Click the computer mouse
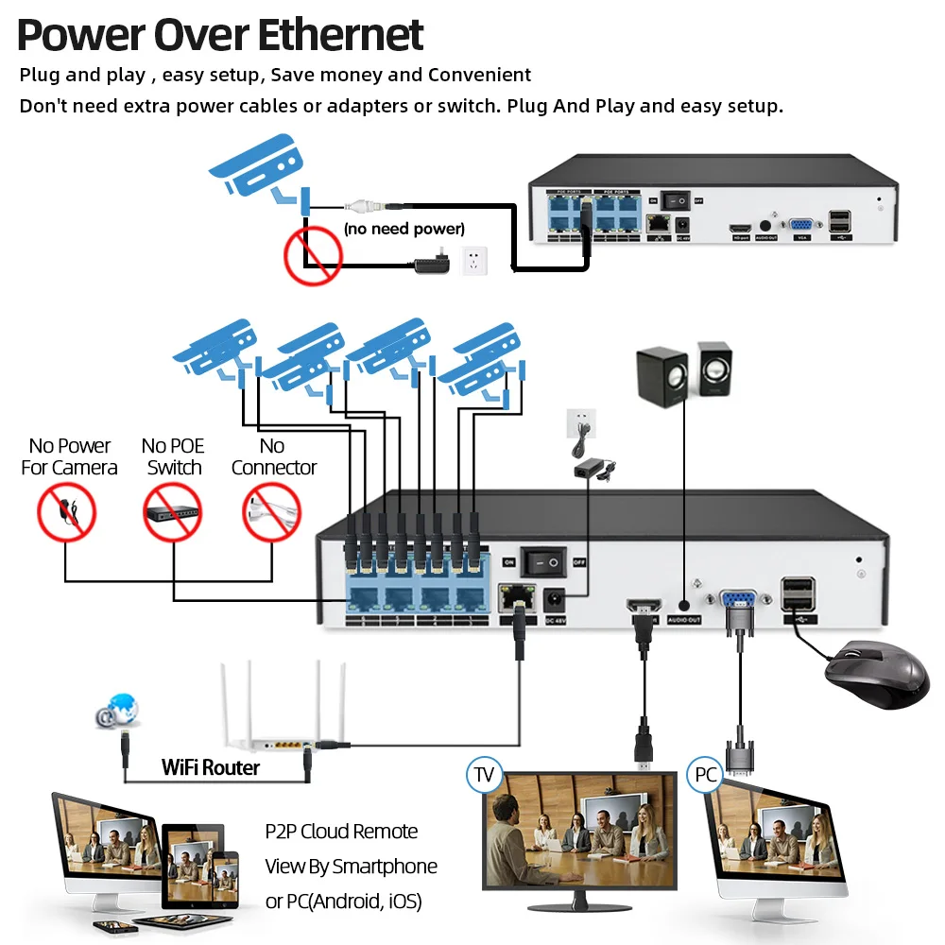[x=876, y=674]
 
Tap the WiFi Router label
[x=210, y=766]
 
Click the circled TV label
[x=485, y=776]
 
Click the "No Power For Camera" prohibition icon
[x=66, y=514]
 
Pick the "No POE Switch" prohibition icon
[x=173, y=514]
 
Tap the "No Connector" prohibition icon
[x=272, y=514]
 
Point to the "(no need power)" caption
[x=404, y=229]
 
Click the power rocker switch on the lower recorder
[x=545, y=561]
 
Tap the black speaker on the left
[x=661, y=376]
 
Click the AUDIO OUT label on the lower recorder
[x=684, y=620]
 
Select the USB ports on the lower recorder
[x=798, y=594]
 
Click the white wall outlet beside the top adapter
[x=475, y=260]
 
